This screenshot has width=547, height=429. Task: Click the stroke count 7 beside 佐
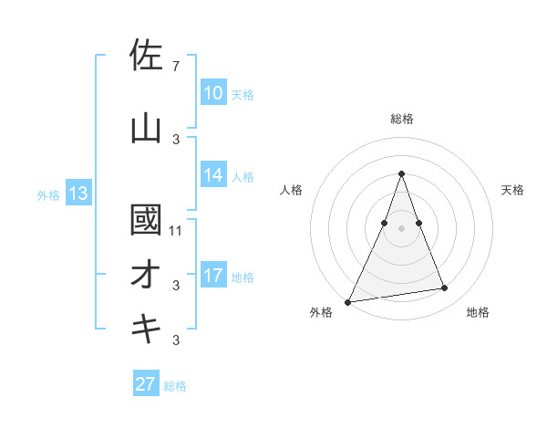[x=175, y=67]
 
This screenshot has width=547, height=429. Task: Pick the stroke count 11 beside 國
[x=176, y=230]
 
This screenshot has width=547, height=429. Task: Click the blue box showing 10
[x=213, y=93]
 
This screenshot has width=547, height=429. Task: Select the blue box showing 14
[x=213, y=175]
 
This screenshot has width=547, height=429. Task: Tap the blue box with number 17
[x=213, y=276]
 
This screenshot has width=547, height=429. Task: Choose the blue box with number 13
[x=77, y=194]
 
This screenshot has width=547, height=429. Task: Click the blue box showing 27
[x=146, y=384]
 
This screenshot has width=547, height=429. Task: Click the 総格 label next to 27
[x=175, y=386]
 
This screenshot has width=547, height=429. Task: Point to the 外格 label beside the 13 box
[x=48, y=194]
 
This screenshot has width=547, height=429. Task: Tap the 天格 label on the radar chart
[x=513, y=190]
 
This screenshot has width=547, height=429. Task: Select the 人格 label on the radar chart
[x=291, y=190]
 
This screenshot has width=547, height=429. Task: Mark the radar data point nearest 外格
[x=348, y=301]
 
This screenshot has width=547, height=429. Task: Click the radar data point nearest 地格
[x=445, y=288]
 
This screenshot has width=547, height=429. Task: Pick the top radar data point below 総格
[x=401, y=173]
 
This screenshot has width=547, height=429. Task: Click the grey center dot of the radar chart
[x=401, y=227]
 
